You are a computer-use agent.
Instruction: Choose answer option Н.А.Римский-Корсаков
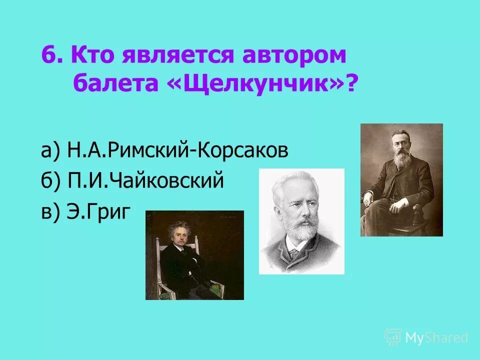pyautogui.click(x=177, y=150)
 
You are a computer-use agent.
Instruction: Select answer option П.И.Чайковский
pyautogui.click(x=145, y=181)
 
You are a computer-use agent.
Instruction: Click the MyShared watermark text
pyautogui.click(x=436, y=338)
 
